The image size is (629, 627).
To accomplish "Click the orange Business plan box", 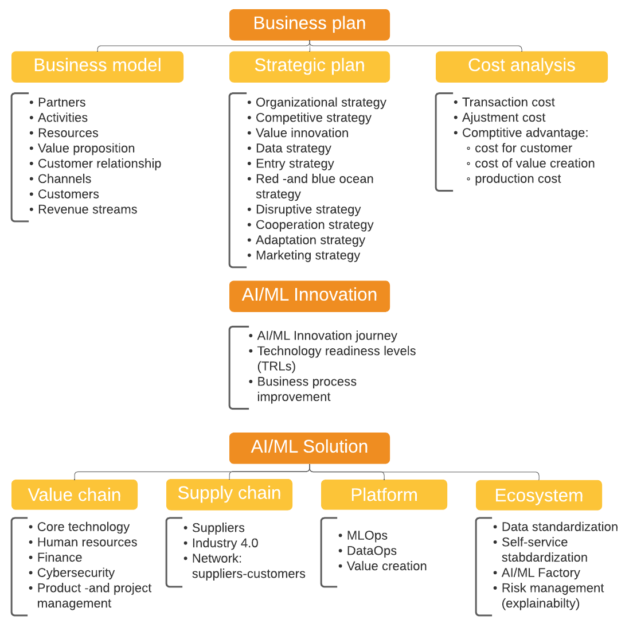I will click(x=309, y=24).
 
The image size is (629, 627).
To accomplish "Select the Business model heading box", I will click(x=97, y=67).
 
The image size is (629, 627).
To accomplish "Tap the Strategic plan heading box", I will click(x=309, y=67).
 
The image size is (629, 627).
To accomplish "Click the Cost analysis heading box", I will click(x=521, y=67).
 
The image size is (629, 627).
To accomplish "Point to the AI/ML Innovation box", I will click(x=309, y=295).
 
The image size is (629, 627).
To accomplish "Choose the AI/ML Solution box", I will click(x=309, y=447).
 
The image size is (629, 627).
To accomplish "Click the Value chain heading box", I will click(x=75, y=494).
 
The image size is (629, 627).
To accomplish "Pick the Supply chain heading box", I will click(x=229, y=494).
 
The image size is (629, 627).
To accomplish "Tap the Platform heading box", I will click(x=384, y=494).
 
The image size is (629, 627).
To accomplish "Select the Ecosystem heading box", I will click(x=538, y=495).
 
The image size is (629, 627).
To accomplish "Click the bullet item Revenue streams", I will click(x=87, y=210).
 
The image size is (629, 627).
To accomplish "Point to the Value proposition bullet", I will click(x=86, y=149).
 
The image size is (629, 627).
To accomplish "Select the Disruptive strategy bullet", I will click(x=308, y=210).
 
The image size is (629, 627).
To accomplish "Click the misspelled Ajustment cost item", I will click(x=503, y=118).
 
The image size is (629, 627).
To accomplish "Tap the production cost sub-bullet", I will click(x=517, y=179).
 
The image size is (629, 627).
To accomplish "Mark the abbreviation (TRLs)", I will click(x=276, y=367).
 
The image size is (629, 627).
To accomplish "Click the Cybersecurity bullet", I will click(x=76, y=573).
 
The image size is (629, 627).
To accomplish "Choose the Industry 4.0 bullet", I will click(x=225, y=543).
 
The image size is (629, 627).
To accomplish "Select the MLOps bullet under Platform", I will click(x=367, y=536).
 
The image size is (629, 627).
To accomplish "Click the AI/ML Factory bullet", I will click(x=540, y=573).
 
